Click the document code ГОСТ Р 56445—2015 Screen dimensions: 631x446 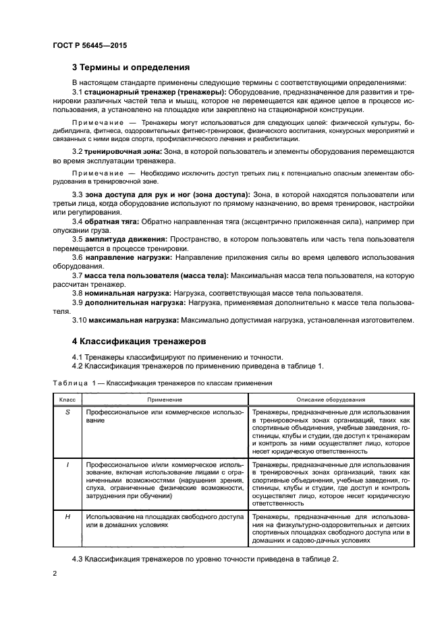pos(90,45)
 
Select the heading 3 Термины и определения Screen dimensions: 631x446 pos(131,67)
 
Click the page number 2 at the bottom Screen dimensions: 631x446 pos(55,572)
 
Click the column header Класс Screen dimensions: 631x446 pos(67,400)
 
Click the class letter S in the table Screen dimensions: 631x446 pos(67,412)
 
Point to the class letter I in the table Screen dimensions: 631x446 pos(67,464)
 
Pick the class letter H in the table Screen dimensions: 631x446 pos(67,516)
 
